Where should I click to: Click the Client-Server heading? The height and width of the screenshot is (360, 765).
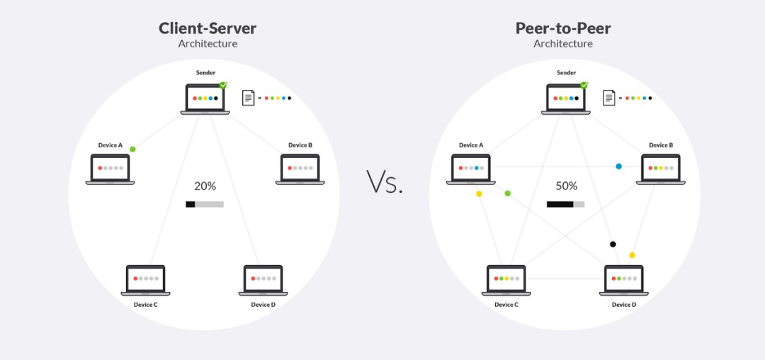tap(208, 28)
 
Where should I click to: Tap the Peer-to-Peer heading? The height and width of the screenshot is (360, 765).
tap(563, 28)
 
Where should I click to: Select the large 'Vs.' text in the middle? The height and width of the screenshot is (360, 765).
tap(385, 182)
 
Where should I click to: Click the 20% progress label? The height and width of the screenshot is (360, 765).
tap(205, 186)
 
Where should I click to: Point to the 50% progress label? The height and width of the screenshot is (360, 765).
tap(566, 186)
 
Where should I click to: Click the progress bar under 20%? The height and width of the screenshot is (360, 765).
tap(205, 204)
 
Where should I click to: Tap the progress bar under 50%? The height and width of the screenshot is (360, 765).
tap(565, 204)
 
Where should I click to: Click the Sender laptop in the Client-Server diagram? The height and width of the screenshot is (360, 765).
tap(205, 99)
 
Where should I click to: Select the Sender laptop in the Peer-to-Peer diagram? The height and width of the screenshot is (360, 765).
tap(566, 99)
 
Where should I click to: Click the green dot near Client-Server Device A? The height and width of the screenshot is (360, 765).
tap(132, 149)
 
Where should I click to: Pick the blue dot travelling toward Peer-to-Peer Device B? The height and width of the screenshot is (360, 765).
tap(618, 167)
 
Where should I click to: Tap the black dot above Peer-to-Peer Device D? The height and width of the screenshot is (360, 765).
tap(613, 244)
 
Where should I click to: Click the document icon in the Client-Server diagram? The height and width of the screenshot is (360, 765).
tap(249, 98)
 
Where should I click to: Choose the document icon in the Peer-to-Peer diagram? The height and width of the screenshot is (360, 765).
tap(609, 98)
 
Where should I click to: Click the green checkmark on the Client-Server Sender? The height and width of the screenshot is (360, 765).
tap(223, 85)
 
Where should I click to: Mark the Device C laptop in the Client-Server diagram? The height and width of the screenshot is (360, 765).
tap(145, 281)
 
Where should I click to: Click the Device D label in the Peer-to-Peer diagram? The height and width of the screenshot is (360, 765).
tap(624, 305)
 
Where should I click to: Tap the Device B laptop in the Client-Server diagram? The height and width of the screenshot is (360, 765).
tap(300, 169)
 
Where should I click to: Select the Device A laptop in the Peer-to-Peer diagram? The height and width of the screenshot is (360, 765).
tap(471, 169)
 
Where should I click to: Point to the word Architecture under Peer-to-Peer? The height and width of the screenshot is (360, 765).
tap(563, 43)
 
